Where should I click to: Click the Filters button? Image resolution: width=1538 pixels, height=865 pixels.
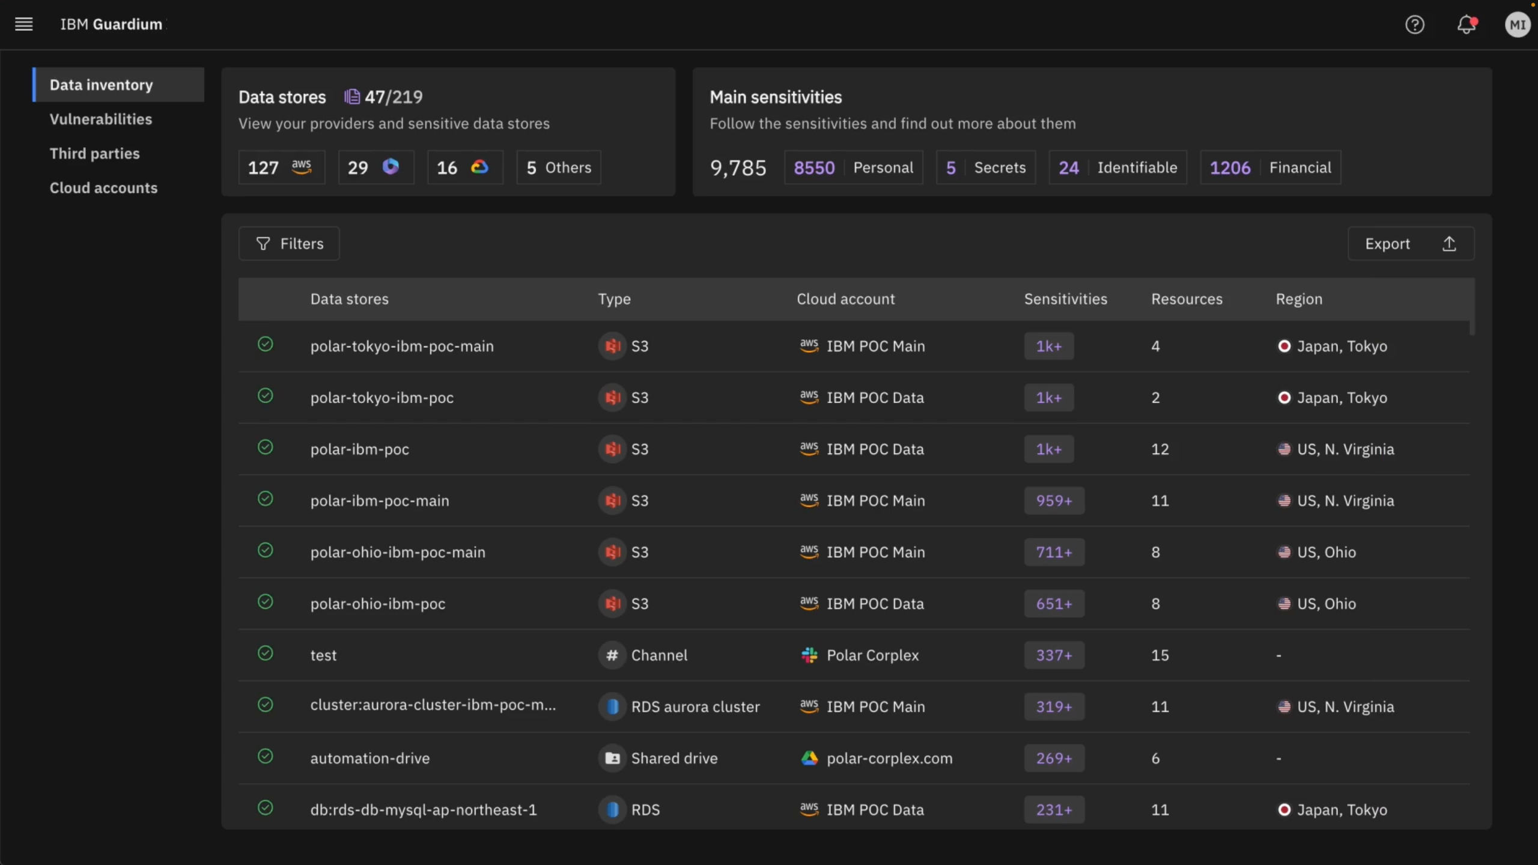click(x=289, y=243)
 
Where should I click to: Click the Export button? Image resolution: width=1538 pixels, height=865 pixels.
click(x=1410, y=243)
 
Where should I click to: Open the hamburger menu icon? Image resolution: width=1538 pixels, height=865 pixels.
click(x=24, y=24)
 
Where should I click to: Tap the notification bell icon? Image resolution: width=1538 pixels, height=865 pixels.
click(x=1467, y=25)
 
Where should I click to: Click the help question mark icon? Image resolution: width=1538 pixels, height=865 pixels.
click(x=1415, y=25)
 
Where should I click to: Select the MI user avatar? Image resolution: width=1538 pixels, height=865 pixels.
click(x=1517, y=25)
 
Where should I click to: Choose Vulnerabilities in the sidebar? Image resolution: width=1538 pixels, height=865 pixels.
click(x=101, y=119)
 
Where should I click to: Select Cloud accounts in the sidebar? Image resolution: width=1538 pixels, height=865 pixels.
click(x=103, y=188)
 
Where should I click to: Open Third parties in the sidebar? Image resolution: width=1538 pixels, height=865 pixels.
click(x=94, y=154)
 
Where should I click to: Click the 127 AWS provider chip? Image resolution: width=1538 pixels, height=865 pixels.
click(x=281, y=168)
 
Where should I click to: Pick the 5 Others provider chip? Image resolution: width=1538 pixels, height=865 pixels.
click(x=559, y=168)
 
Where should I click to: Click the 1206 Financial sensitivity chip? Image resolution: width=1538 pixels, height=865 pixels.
click(x=1270, y=168)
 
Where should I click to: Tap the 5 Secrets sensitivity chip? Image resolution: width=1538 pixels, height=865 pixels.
click(x=986, y=168)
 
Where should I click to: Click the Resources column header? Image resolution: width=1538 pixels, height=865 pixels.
click(x=1187, y=299)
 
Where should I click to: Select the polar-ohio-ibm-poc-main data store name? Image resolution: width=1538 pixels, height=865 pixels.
click(x=398, y=552)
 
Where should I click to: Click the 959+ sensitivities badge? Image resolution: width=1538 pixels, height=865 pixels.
click(x=1054, y=500)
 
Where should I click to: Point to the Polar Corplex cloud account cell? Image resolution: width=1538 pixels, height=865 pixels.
click(x=872, y=655)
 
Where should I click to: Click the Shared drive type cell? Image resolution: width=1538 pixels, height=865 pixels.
click(x=674, y=758)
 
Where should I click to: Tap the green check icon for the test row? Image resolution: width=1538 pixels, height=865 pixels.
click(x=265, y=653)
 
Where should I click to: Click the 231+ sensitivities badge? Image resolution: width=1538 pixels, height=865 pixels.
click(x=1054, y=810)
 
